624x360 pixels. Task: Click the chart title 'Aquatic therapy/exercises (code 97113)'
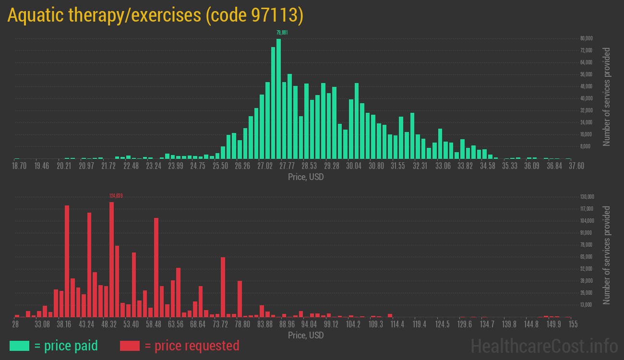click(155, 16)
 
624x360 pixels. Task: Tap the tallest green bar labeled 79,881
click(278, 98)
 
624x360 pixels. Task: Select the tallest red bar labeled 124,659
click(111, 259)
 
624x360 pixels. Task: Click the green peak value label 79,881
click(282, 33)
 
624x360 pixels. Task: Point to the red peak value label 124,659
click(116, 196)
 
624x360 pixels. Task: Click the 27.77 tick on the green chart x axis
click(287, 166)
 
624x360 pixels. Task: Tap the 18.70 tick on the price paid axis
click(19, 166)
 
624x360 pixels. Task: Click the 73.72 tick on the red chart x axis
click(220, 324)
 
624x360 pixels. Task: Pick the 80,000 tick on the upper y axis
click(586, 38)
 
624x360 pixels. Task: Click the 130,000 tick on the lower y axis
click(587, 197)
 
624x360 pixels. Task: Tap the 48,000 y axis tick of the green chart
click(586, 86)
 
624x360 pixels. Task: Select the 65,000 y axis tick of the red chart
click(586, 257)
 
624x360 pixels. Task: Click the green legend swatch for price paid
click(19, 346)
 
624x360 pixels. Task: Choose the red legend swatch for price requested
click(130, 346)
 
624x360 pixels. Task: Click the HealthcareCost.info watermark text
click(544, 346)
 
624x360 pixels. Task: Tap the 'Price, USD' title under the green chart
click(306, 177)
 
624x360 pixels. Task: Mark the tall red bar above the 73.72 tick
click(223, 287)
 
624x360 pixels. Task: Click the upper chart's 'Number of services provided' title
click(607, 96)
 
